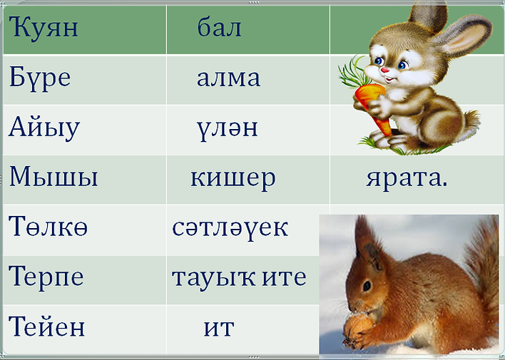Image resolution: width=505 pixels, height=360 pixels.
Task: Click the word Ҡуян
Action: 44,29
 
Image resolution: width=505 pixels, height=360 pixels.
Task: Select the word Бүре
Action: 40,77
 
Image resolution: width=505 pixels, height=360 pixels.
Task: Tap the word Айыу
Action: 44,128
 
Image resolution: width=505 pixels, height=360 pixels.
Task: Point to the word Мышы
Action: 53,177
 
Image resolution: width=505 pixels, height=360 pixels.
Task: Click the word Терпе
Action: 46,277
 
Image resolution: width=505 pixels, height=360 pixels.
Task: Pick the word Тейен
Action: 47,327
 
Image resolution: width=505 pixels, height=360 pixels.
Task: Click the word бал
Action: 220,29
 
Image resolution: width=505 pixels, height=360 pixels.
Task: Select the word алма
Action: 228,78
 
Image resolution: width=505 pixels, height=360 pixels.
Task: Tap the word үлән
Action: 227,128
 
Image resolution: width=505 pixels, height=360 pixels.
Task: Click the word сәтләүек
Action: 230,228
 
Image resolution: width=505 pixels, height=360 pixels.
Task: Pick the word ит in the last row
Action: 219,328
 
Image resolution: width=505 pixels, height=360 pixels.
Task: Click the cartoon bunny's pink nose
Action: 384,72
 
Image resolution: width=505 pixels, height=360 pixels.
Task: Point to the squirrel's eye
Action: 367,286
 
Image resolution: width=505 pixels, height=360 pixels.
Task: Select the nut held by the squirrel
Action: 356,329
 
